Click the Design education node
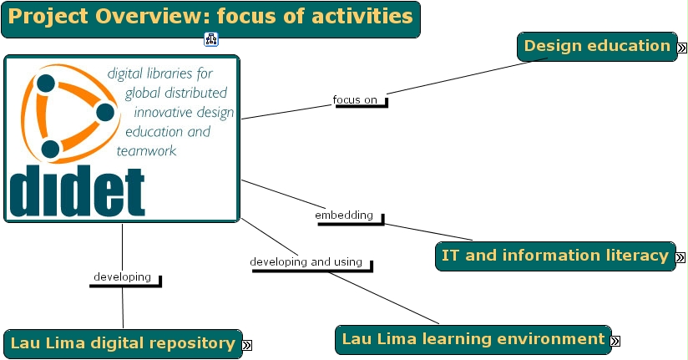coord(596,47)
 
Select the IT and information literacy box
coord(554,256)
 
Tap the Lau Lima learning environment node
coord(473,339)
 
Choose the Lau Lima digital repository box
coord(122,343)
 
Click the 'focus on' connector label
coord(355,100)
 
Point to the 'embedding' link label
coord(344,215)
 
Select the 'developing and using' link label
coord(306,262)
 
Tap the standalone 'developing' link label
coord(122,277)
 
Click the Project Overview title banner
coord(210,18)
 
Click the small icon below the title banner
coord(211,39)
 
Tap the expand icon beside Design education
coord(680,48)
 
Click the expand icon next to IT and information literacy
coord(680,257)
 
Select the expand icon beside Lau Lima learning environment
coord(615,341)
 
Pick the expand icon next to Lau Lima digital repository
coord(247,344)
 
